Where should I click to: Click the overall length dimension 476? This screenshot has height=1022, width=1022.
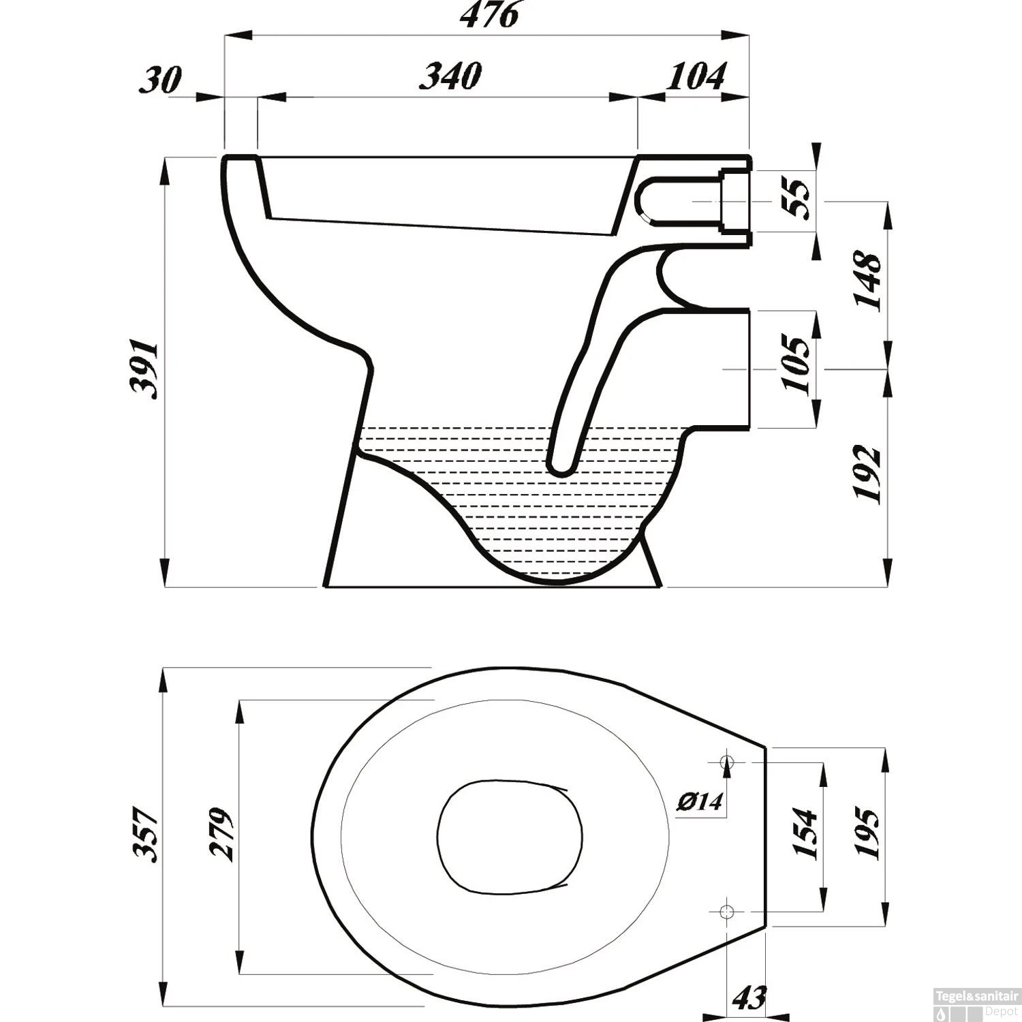[x=489, y=15]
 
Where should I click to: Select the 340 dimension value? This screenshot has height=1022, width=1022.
[x=450, y=76]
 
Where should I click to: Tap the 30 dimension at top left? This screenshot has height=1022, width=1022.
[x=160, y=80]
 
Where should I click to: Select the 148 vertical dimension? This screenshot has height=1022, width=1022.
[x=869, y=280]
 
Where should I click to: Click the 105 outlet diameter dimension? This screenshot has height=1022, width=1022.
[x=797, y=362]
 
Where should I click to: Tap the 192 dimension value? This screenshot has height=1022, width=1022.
[x=869, y=474]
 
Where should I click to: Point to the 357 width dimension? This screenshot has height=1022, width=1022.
[x=146, y=834]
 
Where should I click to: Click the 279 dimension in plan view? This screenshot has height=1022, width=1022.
[x=221, y=834]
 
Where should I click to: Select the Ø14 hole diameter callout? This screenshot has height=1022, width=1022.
[x=699, y=802]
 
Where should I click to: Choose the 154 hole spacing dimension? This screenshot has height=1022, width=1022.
[x=804, y=834]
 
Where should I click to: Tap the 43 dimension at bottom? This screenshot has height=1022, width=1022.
[x=749, y=998]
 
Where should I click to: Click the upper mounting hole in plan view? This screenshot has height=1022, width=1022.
[x=728, y=760]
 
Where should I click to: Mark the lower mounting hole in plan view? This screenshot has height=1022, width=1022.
[x=727, y=910]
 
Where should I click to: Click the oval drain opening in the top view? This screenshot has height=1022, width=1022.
[x=509, y=837]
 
